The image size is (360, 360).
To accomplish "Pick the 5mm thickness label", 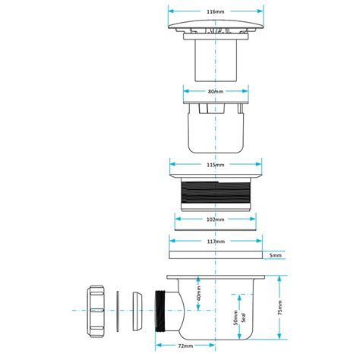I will click(x=275, y=256).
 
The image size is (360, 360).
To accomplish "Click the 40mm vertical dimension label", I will click(x=198, y=292).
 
